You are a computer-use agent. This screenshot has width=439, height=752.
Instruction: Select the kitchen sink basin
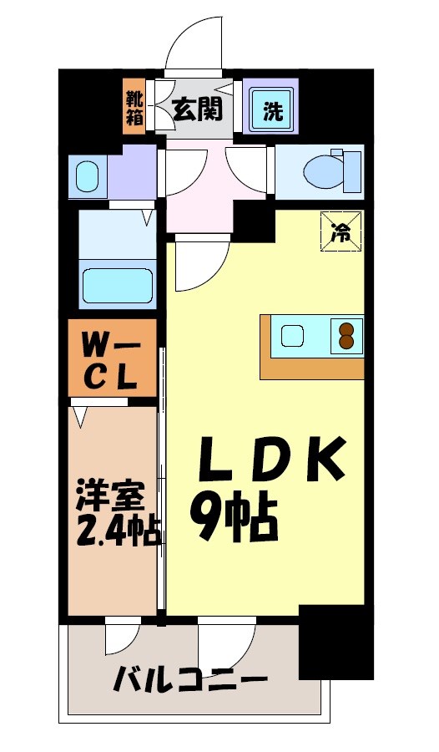point(294,336)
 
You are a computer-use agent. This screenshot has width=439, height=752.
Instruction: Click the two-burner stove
point(346,336)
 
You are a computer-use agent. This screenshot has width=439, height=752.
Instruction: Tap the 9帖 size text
point(233,518)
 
